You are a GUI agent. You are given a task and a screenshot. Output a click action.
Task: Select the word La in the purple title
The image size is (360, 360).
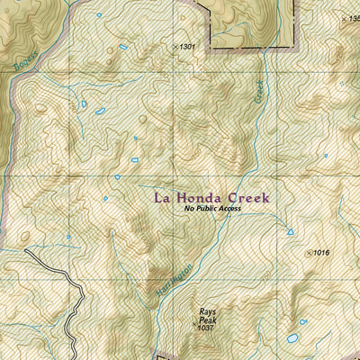click(163, 196)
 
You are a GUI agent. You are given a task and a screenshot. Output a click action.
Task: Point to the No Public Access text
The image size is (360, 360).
click(213, 209)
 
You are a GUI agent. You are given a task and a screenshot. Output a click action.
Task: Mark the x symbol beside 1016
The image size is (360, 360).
click(310, 254)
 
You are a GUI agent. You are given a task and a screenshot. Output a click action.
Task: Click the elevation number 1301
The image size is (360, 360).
click(186, 46)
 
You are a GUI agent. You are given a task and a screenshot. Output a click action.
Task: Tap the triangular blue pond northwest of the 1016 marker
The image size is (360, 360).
click(291, 231)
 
